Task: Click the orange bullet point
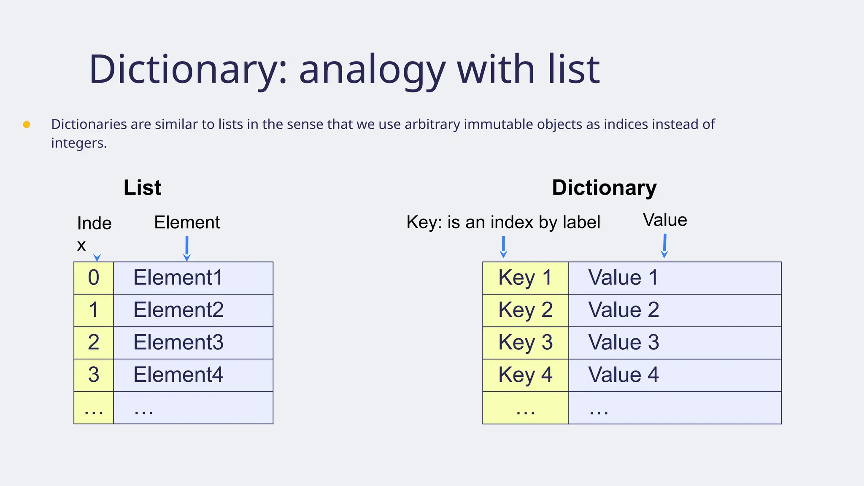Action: [x=27, y=124]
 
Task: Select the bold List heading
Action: [x=142, y=188]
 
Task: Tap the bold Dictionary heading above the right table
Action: [x=604, y=188]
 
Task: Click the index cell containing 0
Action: [x=94, y=278]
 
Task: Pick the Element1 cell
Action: [x=193, y=278]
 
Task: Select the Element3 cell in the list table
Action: [x=193, y=343]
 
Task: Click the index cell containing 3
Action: [x=94, y=375]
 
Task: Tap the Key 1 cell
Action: [x=525, y=278]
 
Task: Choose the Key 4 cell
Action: [x=525, y=375]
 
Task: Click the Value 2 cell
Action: [x=674, y=310]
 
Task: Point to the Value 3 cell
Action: [x=674, y=343]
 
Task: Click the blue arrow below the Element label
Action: [x=187, y=248]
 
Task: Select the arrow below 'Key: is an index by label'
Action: [x=503, y=247]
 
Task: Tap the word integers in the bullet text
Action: [x=78, y=143]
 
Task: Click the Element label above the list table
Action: [x=187, y=222]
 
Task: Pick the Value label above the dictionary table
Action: [x=665, y=220]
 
